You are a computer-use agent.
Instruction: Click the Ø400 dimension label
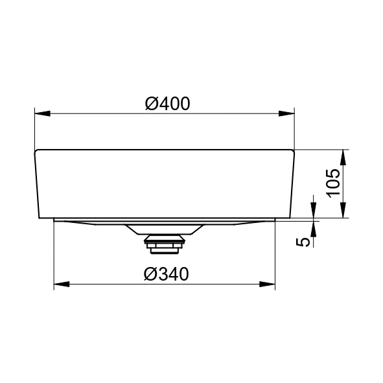pos(167,104)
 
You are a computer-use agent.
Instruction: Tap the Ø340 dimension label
pos(167,274)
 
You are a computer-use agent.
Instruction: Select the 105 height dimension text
pos(333,183)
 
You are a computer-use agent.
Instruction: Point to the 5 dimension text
pos(303,242)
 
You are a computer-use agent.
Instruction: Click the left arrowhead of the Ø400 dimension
pos(43,113)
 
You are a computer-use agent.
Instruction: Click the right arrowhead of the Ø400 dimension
pos(286,113)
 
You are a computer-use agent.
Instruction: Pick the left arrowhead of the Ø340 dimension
pos(62,284)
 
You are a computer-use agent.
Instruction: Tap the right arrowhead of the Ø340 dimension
pos(267,284)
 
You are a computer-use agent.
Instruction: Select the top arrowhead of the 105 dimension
pos(343,157)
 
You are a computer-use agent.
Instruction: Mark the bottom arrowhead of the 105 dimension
pos(343,210)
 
